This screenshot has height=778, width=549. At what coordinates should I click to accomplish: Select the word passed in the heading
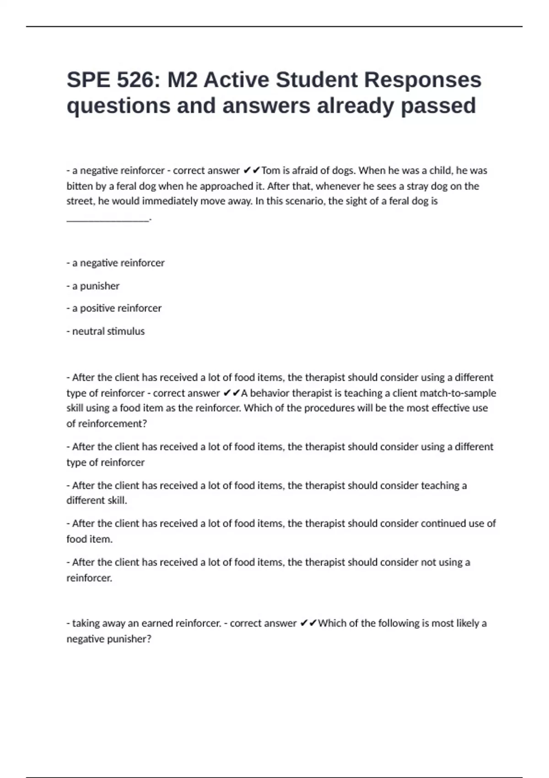pos(438,106)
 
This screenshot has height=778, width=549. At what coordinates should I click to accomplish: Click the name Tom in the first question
pos(270,171)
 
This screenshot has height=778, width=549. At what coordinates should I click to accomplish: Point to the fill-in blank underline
pos(108,220)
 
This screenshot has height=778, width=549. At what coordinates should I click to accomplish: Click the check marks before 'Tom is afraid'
pos(251,171)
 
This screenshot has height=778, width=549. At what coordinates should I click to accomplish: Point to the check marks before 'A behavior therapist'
pos(231,393)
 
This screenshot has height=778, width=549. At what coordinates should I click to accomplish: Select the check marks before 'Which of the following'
pos(308,623)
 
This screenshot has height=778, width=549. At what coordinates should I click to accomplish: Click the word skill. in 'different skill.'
pos(117,501)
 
